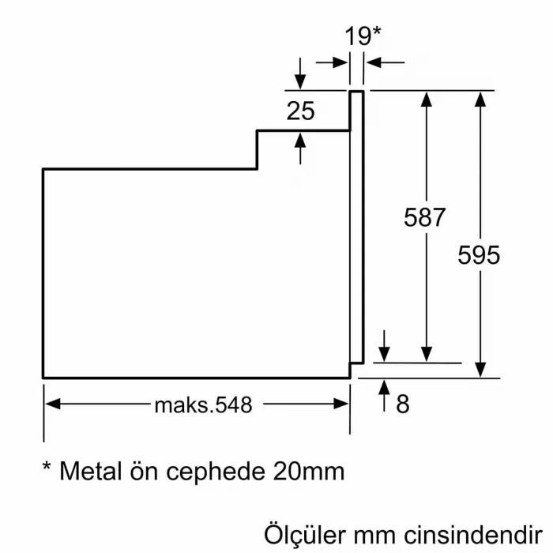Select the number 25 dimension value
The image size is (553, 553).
pos(300,111)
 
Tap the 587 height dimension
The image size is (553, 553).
pos(425,217)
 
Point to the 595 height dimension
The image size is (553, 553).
pos(479,255)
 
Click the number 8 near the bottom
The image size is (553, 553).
pos(403,404)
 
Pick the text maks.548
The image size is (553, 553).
pos(203,404)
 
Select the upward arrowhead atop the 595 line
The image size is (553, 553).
pos(480,99)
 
